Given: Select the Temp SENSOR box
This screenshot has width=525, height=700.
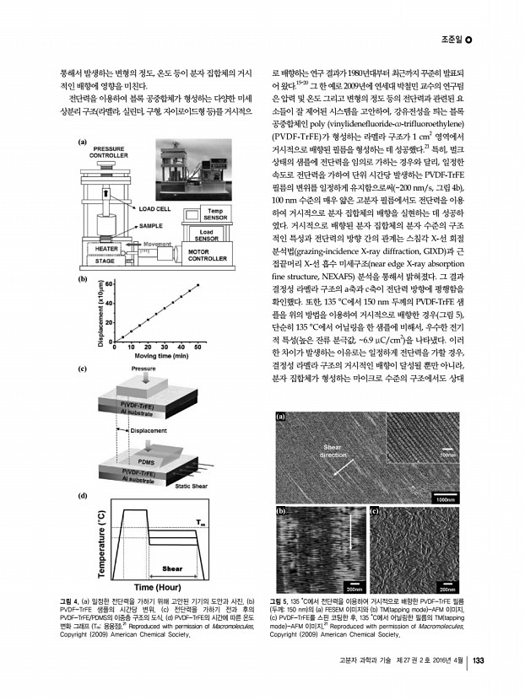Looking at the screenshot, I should coord(214,214).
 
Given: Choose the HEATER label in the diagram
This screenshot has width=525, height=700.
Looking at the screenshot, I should coord(106,249).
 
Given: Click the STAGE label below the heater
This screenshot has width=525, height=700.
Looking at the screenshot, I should coord(105,261).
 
